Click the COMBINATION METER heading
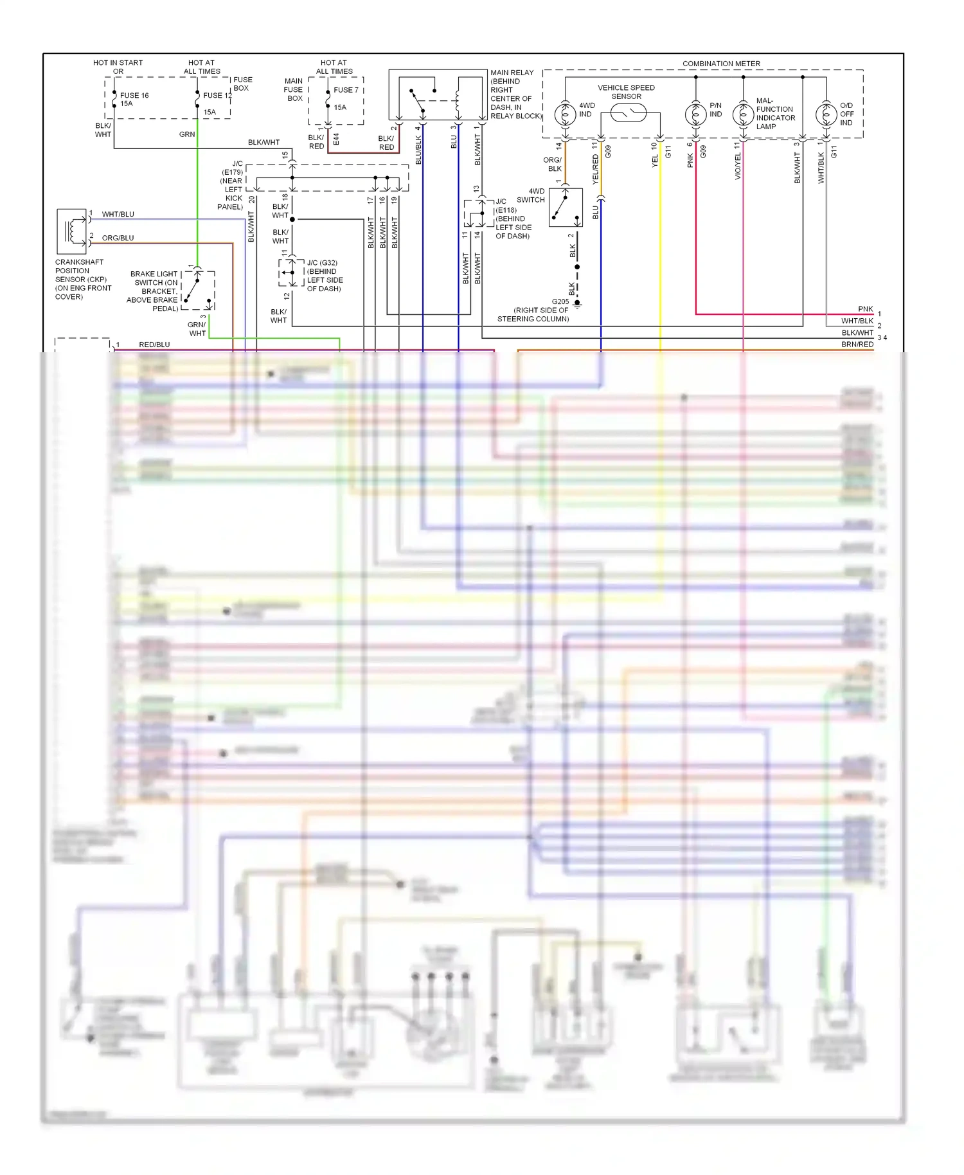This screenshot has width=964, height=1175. tap(721, 64)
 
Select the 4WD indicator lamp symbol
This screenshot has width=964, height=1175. tap(566, 115)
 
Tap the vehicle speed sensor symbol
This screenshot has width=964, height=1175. tap(628, 114)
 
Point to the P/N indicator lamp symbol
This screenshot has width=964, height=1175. tap(695, 115)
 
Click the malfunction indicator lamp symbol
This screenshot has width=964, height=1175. tap(743, 115)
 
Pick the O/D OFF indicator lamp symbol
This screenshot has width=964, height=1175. tap(826, 115)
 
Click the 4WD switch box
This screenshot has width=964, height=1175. tap(566, 207)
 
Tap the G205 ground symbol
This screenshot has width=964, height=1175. tap(577, 304)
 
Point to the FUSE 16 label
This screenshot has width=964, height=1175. tap(134, 95)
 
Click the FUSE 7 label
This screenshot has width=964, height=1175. tap(346, 90)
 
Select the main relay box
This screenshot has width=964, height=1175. tap(438, 94)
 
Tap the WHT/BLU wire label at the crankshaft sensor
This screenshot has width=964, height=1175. tap(118, 214)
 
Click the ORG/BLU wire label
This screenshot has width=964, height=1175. tap(118, 238)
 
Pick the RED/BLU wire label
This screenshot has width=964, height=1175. tap(154, 345)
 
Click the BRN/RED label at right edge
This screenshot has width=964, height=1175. tap(857, 345)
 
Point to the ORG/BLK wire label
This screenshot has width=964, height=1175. tap(553, 165)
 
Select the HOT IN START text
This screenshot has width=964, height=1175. tap(118, 63)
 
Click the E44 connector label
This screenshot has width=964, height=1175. tap(336, 139)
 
